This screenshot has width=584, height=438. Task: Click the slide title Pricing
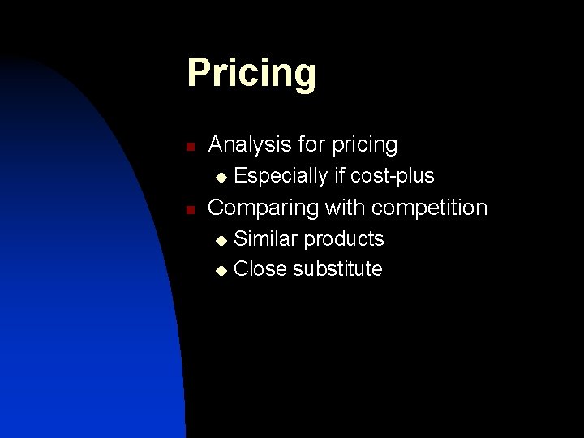[251, 73]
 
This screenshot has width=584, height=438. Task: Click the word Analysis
[248, 145]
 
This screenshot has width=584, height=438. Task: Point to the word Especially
[281, 176]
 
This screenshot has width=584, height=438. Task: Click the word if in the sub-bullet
[340, 175]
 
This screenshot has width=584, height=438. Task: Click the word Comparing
[264, 208]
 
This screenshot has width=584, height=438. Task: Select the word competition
[431, 208]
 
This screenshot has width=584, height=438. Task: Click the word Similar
[266, 239]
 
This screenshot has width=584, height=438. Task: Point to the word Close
[260, 269]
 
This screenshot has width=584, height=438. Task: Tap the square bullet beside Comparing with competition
[189, 210]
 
